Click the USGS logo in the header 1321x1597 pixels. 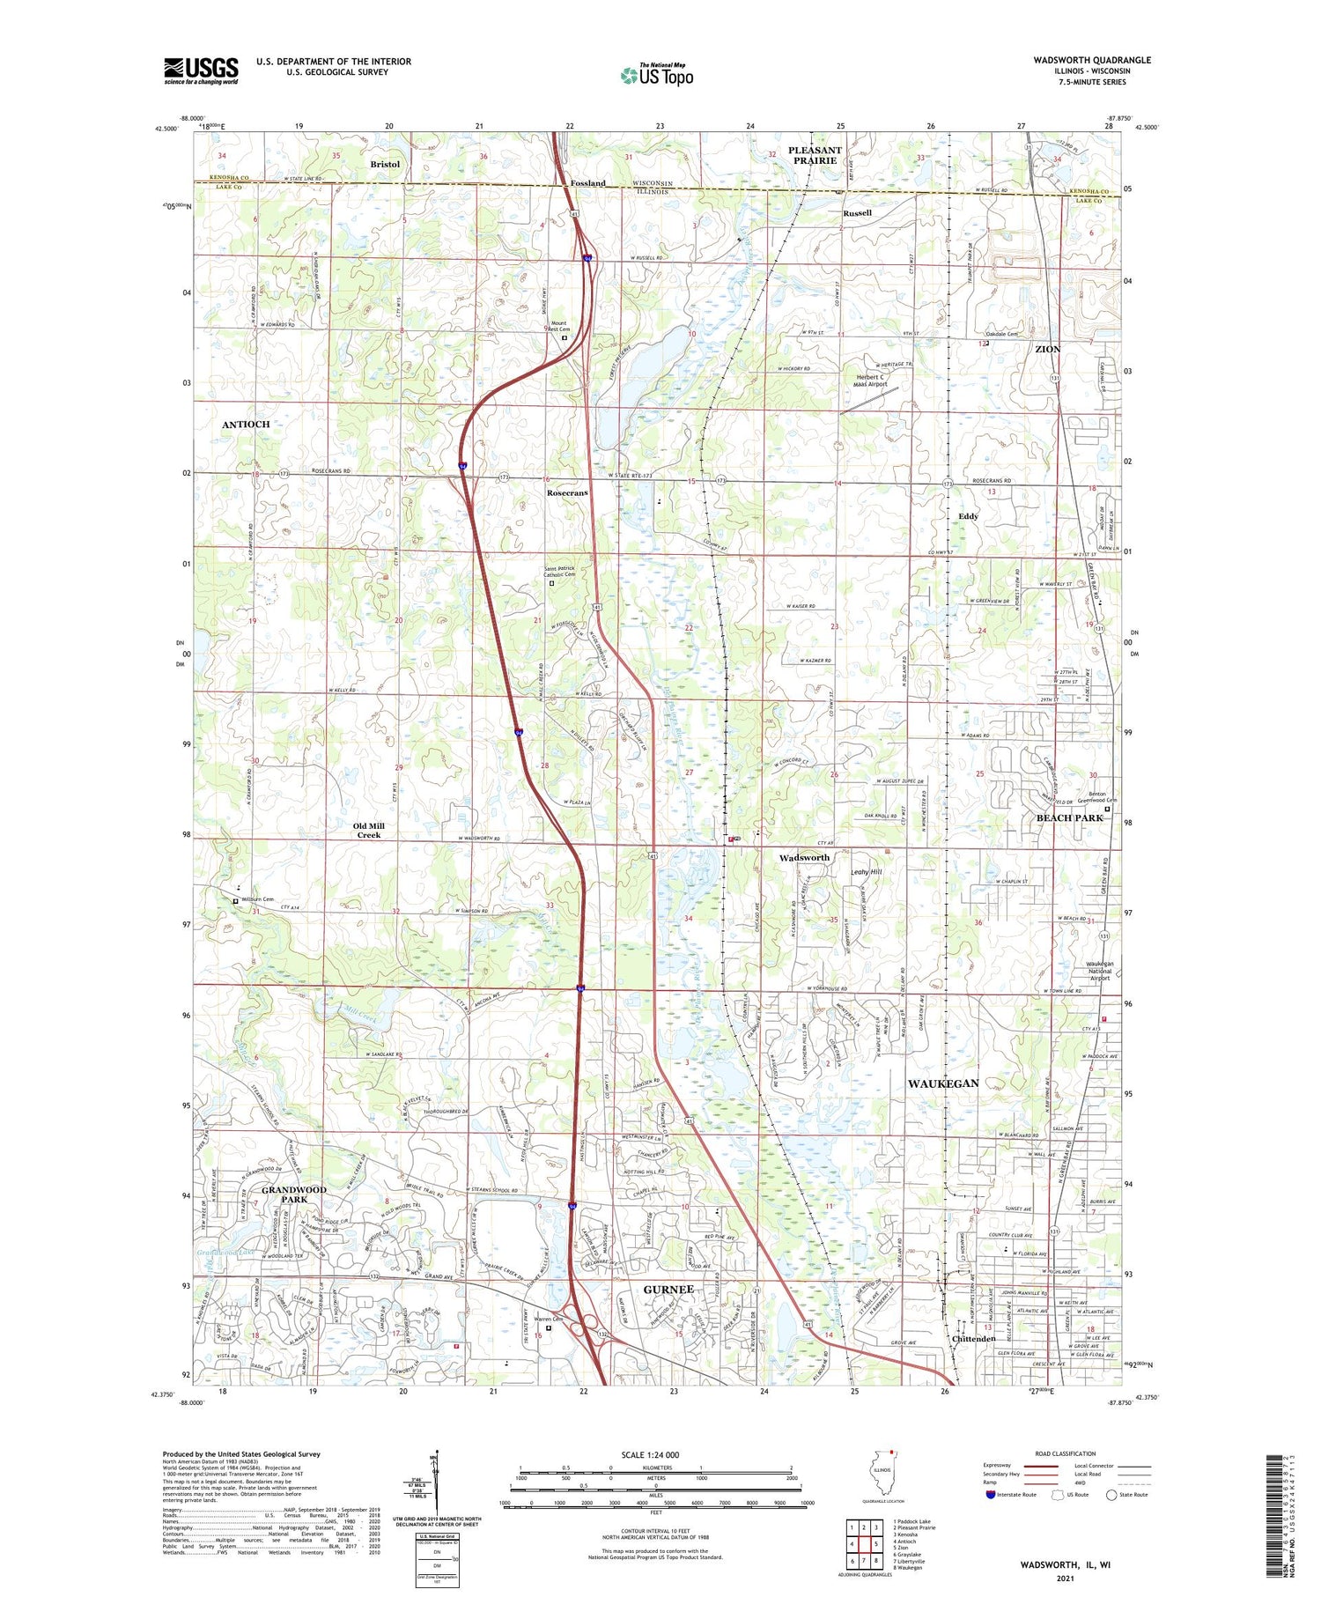pos(201,70)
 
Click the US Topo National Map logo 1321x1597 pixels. pos(656,75)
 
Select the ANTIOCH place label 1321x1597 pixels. pos(246,425)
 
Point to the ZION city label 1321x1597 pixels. pos(1047,350)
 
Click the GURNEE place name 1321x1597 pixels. pos(669,1290)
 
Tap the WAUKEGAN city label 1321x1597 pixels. pos(943,1083)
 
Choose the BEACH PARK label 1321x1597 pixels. pos(1069,817)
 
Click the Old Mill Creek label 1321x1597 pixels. pos(369,831)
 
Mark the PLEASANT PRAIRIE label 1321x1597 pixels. pos(815,155)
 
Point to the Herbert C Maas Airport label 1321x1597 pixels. pos(871,381)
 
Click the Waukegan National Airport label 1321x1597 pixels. pos(1100,971)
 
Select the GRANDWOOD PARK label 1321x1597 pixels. pos(294,1194)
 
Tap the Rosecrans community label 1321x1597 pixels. pos(567,493)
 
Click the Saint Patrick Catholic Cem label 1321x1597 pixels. pos(558,573)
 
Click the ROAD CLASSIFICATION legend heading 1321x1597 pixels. pos(1066,1453)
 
